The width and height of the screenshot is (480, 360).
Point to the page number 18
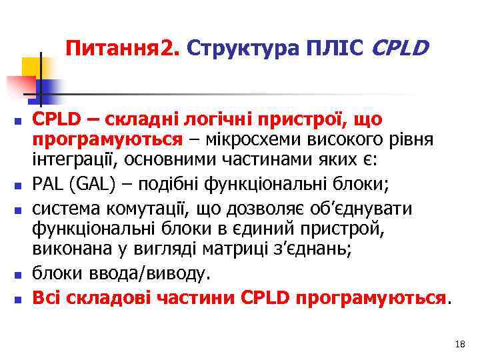coord(458,345)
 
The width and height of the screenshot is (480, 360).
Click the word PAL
coord(49,183)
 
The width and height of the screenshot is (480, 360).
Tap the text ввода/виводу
coord(147,273)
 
